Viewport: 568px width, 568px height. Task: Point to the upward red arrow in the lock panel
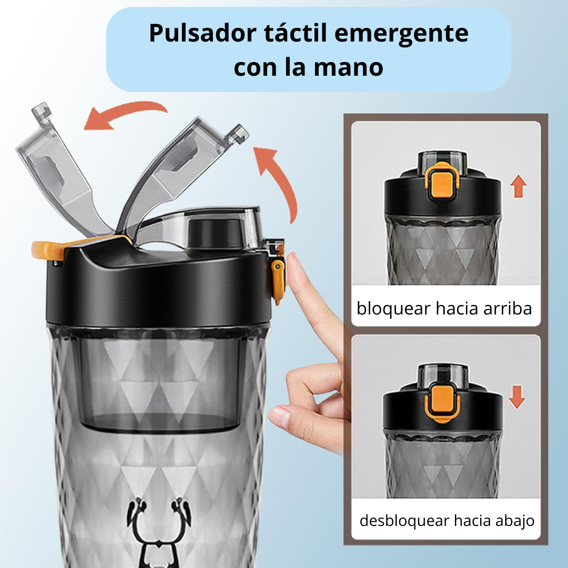pos(519,187)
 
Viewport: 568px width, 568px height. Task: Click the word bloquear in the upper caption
pos(393,308)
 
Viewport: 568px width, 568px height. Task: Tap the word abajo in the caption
pos(515,521)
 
